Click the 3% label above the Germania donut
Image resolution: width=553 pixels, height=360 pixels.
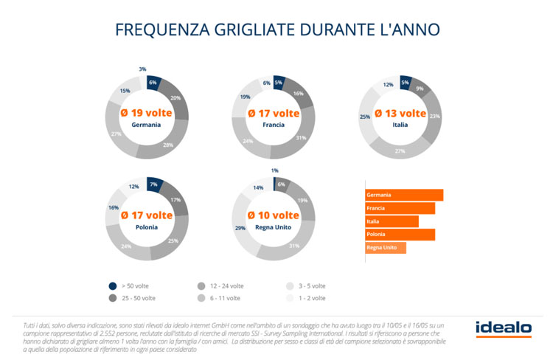tap(142, 69)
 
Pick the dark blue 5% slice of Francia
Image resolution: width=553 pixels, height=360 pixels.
tap(278, 83)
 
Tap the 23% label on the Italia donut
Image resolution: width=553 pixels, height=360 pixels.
tap(434, 117)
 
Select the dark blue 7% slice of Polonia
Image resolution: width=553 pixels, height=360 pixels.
tap(153, 184)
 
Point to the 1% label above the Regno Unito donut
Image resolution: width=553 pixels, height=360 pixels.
tap(274, 170)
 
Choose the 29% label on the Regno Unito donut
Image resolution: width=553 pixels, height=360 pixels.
tap(240, 229)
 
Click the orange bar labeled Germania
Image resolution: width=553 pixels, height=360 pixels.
tap(404, 195)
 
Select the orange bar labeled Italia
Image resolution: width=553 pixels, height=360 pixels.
tap(392, 221)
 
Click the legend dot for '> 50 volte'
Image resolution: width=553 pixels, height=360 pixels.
tap(112, 285)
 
